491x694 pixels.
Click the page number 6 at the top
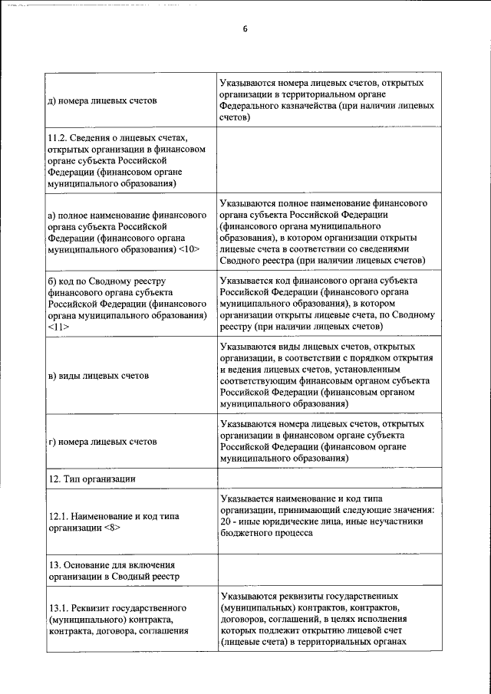click(245, 30)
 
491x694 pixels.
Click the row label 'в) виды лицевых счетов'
click(97, 376)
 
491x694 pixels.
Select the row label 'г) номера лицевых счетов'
click(102, 442)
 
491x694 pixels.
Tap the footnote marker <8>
click(111, 528)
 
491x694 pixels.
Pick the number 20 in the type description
click(224, 521)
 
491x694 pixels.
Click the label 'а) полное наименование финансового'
click(127, 215)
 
